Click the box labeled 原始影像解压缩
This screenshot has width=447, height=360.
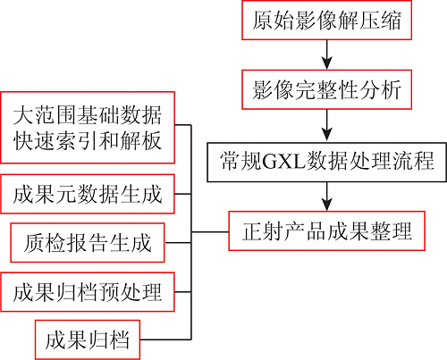pyautogui.click(x=326, y=21)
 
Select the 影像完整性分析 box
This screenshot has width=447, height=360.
pyautogui.click(x=326, y=89)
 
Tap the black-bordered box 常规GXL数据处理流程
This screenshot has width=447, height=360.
pyautogui.click(x=327, y=163)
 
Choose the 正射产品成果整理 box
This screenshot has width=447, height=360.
pyautogui.click(x=326, y=231)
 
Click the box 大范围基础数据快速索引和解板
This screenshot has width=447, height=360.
pyautogui.click(x=88, y=128)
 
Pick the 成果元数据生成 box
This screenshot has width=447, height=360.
pyautogui.click(x=88, y=194)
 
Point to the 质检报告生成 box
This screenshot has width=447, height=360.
pyautogui.click(x=88, y=243)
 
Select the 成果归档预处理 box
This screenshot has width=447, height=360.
pyautogui.click(x=88, y=292)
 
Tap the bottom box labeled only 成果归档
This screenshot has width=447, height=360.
pyautogui.click(x=88, y=339)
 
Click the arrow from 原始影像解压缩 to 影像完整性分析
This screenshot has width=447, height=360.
pyautogui.click(x=327, y=54)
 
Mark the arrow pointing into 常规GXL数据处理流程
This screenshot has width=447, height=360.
pyautogui.click(x=327, y=126)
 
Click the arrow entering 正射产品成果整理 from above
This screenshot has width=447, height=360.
pyautogui.click(x=327, y=197)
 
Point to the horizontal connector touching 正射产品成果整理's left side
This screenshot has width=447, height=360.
pyautogui.click(x=210, y=231)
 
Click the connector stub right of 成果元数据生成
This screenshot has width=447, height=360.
pyautogui.click(x=182, y=194)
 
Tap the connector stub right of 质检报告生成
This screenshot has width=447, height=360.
pyautogui.click(x=178, y=243)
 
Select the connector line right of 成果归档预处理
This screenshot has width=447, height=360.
pyautogui.click(x=182, y=292)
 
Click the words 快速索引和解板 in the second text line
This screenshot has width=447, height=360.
pyautogui.click(x=88, y=140)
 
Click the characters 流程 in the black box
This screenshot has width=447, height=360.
pyautogui.click(x=423, y=163)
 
